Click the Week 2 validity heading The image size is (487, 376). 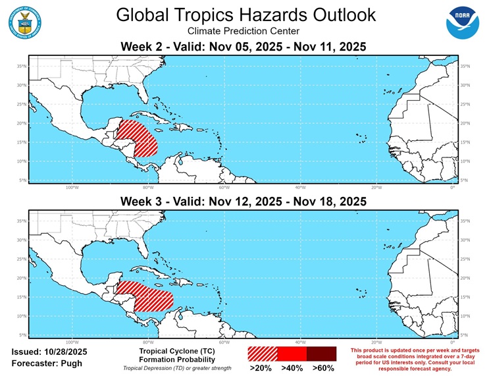(244, 47)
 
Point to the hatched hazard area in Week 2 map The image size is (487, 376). (136, 138)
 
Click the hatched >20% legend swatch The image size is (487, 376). (263, 353)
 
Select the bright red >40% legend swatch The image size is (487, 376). (292, 353)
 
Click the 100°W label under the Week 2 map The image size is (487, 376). (72, 187)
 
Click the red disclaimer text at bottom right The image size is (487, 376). (415, 359)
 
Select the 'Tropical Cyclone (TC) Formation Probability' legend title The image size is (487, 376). (177, 356)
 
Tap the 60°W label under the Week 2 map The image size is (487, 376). (224, 187)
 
